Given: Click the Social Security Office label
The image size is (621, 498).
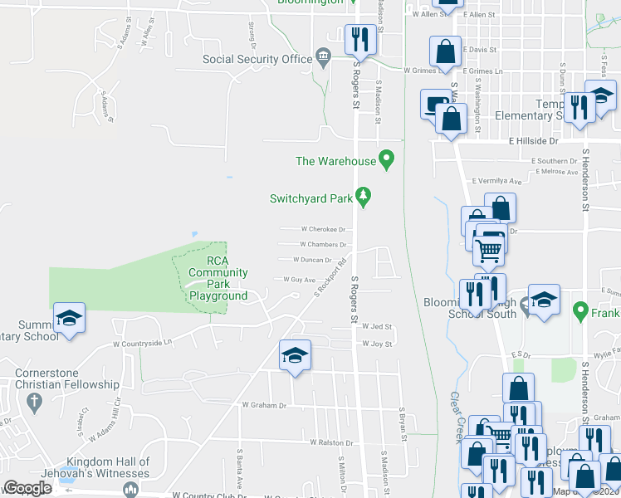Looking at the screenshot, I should (x=257, y=59).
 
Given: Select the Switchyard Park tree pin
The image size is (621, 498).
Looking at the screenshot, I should (x=362, y=196).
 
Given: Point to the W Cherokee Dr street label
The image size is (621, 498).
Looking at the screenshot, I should (x=323, y=229).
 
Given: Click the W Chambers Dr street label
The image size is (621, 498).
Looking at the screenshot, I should (x=324, y=245).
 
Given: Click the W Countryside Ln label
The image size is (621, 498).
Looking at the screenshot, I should (x=142, y=342).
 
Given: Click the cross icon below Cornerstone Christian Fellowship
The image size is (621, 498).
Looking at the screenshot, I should (x=34, y=402).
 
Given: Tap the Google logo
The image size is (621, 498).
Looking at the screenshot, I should (x=27, y=488).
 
